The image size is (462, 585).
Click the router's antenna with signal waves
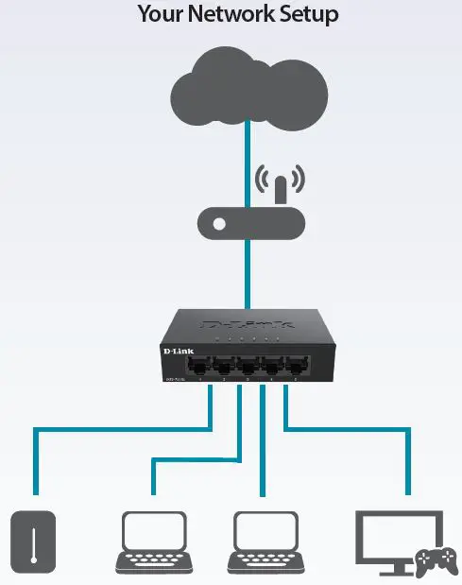click(x=279, y=185)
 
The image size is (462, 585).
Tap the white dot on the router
click(x=219, y=225)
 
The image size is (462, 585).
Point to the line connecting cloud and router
click(x=247, y=161)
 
